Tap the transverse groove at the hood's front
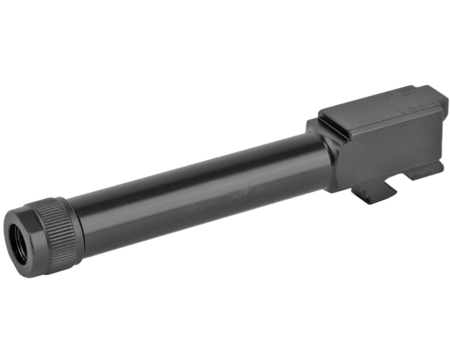331,126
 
